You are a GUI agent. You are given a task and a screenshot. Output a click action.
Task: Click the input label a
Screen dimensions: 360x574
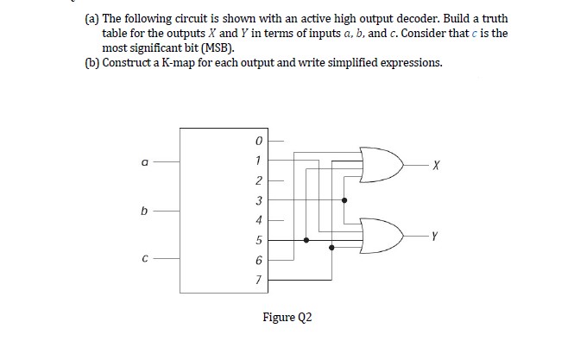[145, 160]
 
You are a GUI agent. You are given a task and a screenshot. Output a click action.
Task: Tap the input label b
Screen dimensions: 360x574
[145, 209]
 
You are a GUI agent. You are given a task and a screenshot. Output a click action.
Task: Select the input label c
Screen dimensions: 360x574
[145, 257]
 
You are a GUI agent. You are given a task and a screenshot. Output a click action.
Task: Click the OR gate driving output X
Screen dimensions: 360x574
[382, 164]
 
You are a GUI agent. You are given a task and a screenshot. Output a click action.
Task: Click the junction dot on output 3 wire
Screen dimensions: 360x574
[345, 199]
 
